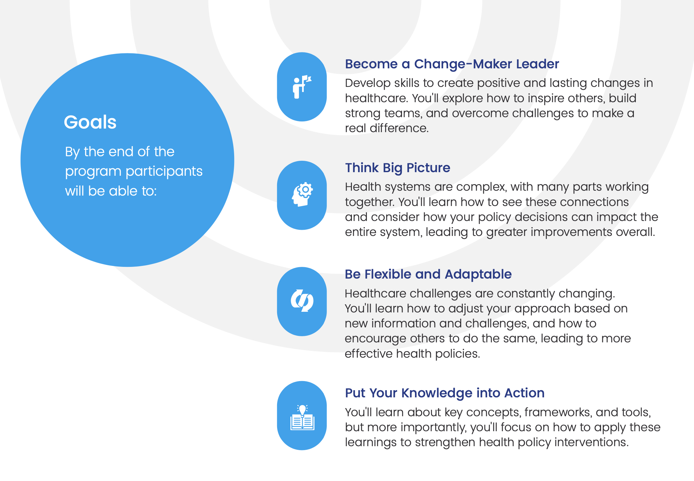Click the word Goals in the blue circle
click(x=90, y=122)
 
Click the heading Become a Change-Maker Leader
click(x=452, y=64)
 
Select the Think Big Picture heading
click(x=397, y=168)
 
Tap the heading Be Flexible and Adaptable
click(x=428, y=274)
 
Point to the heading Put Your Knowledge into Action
click(x=445, y=393)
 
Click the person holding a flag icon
click(x=302, y=87)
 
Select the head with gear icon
click(x=302, y=194)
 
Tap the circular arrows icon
click(x=302, y=301)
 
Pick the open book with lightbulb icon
click(x=302, y=418)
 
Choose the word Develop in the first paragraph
click(x=367, y=83)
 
